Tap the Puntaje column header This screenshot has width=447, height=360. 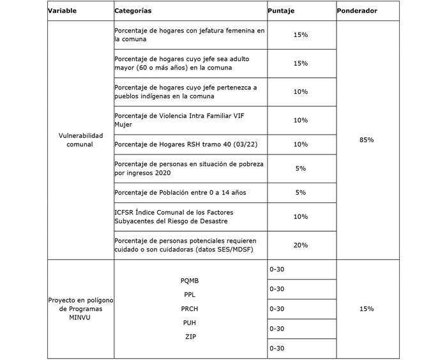tap(282, 11)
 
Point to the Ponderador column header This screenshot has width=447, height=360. tap(358, 11)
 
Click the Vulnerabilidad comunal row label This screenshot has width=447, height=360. tap(80, 140)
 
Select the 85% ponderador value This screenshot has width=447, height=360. tap(367, 140)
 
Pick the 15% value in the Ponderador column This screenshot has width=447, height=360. tap(367, 309)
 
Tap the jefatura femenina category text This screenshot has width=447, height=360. tap(189, 34)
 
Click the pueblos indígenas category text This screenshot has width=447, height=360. tap(185, 91)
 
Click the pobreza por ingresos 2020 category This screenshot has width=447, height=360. tap(189, 169)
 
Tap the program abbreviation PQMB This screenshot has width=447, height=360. tap(190, 280)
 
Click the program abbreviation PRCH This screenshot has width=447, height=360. tap(190, 309)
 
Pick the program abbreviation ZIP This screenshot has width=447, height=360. tap(190, 336)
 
